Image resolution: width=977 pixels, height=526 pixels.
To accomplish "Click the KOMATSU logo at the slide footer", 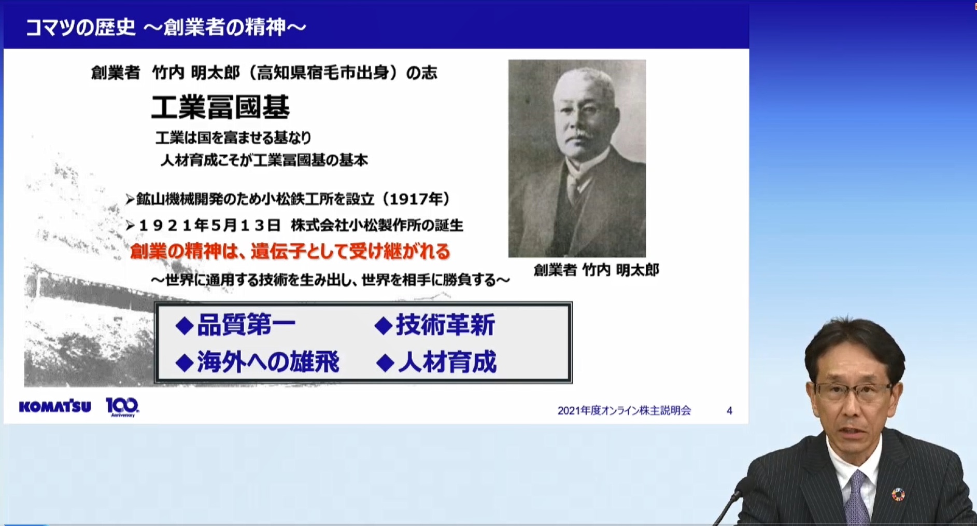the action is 55,407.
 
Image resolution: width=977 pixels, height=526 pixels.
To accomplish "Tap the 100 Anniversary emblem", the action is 122,407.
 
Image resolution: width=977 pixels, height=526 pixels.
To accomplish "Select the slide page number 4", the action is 729,411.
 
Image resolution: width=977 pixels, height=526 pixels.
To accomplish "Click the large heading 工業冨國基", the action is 220,107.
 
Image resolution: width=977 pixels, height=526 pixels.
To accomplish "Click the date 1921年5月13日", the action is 209,225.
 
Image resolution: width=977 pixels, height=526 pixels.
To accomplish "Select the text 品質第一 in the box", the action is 246,325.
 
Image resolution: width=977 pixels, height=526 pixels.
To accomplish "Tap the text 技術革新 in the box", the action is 445,325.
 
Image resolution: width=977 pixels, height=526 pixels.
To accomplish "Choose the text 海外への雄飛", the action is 268,362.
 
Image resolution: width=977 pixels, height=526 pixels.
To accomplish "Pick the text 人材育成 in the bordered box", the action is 447,362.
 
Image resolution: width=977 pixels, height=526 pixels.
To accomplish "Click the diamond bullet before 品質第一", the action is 184,326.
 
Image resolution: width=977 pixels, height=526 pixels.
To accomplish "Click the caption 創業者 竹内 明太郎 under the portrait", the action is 596,270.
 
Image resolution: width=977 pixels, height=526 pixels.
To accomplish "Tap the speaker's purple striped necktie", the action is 856,499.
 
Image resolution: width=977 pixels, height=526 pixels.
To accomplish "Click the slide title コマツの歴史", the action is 80,27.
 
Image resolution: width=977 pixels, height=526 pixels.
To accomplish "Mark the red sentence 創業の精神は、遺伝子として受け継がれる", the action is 290,252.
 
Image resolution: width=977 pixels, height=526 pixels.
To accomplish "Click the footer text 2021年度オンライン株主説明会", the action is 624,411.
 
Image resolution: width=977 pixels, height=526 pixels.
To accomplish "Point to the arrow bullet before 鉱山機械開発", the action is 130,199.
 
